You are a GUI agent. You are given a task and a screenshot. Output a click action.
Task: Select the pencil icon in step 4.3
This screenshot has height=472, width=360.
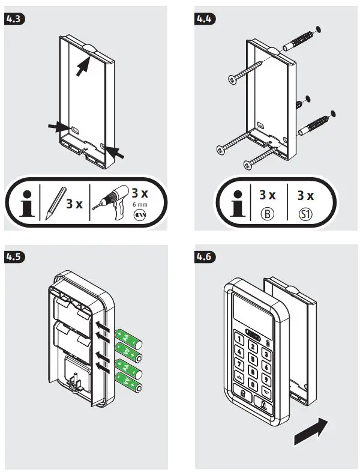coord(54,202)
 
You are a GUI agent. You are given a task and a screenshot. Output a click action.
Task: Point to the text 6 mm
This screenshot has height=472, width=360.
coord(139,204)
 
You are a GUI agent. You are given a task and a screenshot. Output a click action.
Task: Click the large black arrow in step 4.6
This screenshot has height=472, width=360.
coord(312,431)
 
